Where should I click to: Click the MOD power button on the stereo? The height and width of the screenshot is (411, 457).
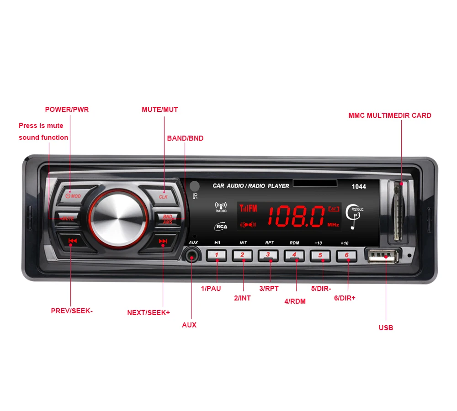(73, 195)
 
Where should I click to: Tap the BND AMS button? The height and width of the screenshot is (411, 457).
(167, 219)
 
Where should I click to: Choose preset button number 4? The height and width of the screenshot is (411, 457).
(295, 255)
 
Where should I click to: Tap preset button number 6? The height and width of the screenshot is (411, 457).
(347, 255)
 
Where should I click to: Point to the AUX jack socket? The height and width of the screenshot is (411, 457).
(192, 256)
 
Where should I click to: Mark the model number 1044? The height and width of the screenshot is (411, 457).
(359, 186)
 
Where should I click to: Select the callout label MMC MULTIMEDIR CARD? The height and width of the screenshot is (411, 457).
(390, 116)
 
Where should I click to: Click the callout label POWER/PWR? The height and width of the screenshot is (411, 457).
(67, 110)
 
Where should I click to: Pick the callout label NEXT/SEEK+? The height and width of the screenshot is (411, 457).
(149, 313)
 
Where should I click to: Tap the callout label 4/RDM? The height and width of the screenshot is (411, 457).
(295, 301)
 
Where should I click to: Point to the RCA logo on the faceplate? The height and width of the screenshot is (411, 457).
(221, 226)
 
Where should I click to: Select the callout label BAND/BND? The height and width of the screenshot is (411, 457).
(185, 138)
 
